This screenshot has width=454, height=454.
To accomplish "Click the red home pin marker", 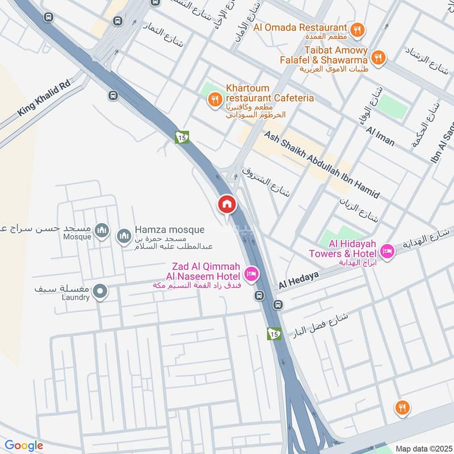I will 226,205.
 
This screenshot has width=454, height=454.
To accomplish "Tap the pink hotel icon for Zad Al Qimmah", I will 251,275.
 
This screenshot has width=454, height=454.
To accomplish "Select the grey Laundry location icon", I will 100,292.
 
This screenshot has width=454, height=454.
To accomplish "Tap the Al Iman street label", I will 380,136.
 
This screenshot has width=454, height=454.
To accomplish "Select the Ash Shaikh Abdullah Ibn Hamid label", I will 321,165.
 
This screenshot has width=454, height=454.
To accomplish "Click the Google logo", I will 24,445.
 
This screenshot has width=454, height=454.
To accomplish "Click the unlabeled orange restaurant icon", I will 402,408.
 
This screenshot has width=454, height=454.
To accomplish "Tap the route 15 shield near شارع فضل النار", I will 275,334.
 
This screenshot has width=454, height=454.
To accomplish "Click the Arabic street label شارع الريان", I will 359,210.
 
